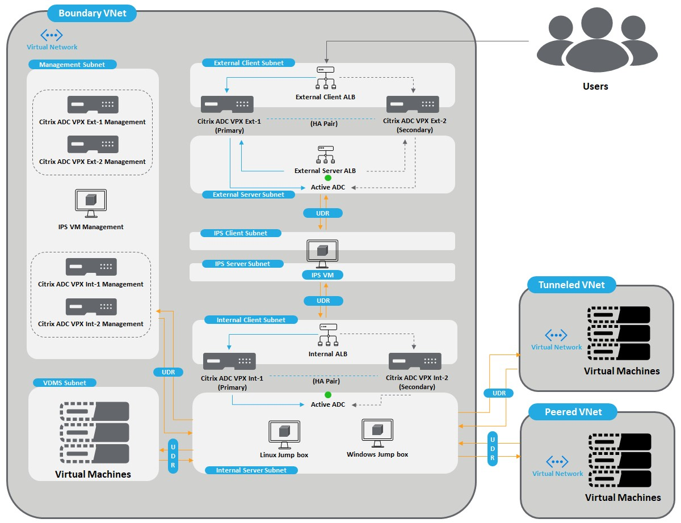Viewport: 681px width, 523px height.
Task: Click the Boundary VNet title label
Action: pos(91,12)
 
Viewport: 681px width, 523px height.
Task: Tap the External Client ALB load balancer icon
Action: pos(326,78)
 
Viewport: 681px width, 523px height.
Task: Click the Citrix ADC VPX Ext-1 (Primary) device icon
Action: pos(227,104)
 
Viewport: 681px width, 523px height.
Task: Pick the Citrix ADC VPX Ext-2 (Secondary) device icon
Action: pos(413,104)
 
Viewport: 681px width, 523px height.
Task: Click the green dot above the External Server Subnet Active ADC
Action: pos(328,178)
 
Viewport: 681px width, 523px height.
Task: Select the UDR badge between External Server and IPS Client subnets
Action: pos(323,213)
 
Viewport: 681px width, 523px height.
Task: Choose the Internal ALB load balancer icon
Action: pos(328,335)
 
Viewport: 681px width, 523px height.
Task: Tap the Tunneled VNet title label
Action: pos(571,285)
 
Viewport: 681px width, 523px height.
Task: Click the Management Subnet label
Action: pos(72,65)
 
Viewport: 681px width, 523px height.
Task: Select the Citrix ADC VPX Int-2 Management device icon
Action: pos(91,307)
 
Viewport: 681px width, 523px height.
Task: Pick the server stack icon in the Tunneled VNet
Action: pos(619,335)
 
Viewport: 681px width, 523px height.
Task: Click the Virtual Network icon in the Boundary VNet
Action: pos(52,35)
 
